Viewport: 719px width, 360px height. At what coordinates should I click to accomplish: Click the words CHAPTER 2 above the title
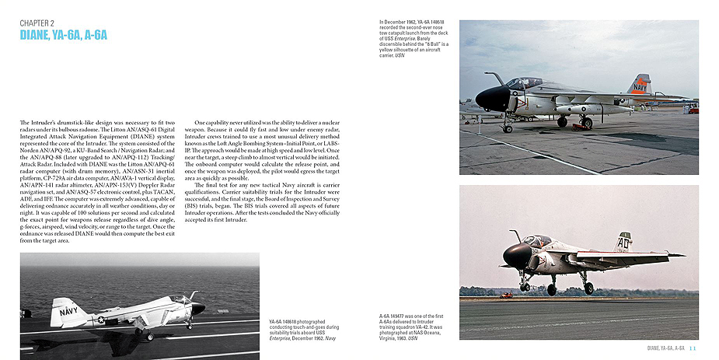click(37, 23)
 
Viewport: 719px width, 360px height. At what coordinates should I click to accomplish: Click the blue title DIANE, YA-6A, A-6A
click(63, 35)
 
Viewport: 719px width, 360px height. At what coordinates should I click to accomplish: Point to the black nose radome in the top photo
click(491, 98)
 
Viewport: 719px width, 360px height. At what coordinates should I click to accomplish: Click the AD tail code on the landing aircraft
click(644, 243)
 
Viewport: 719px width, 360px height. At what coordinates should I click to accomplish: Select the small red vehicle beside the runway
click(506, 295)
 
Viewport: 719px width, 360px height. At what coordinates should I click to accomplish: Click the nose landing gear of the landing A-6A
click(525, 285)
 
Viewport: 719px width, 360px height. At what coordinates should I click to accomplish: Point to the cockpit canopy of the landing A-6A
click(536, 242)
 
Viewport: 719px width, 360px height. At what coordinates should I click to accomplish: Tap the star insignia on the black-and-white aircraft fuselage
click(100, 318)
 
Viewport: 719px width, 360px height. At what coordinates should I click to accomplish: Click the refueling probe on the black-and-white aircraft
click(189, 295)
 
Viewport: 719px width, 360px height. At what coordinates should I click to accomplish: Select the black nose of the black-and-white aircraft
click(198, 308)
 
